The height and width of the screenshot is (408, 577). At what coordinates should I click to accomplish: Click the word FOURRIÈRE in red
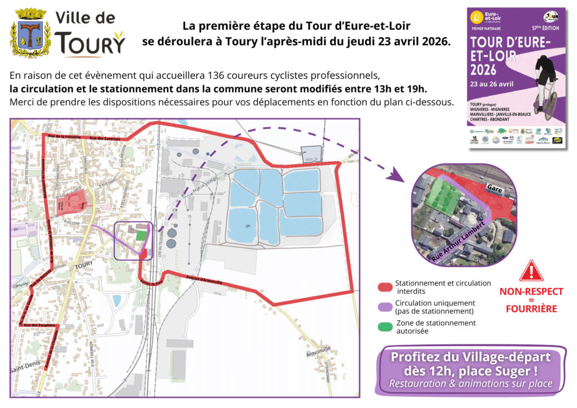(x=531, y=309)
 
